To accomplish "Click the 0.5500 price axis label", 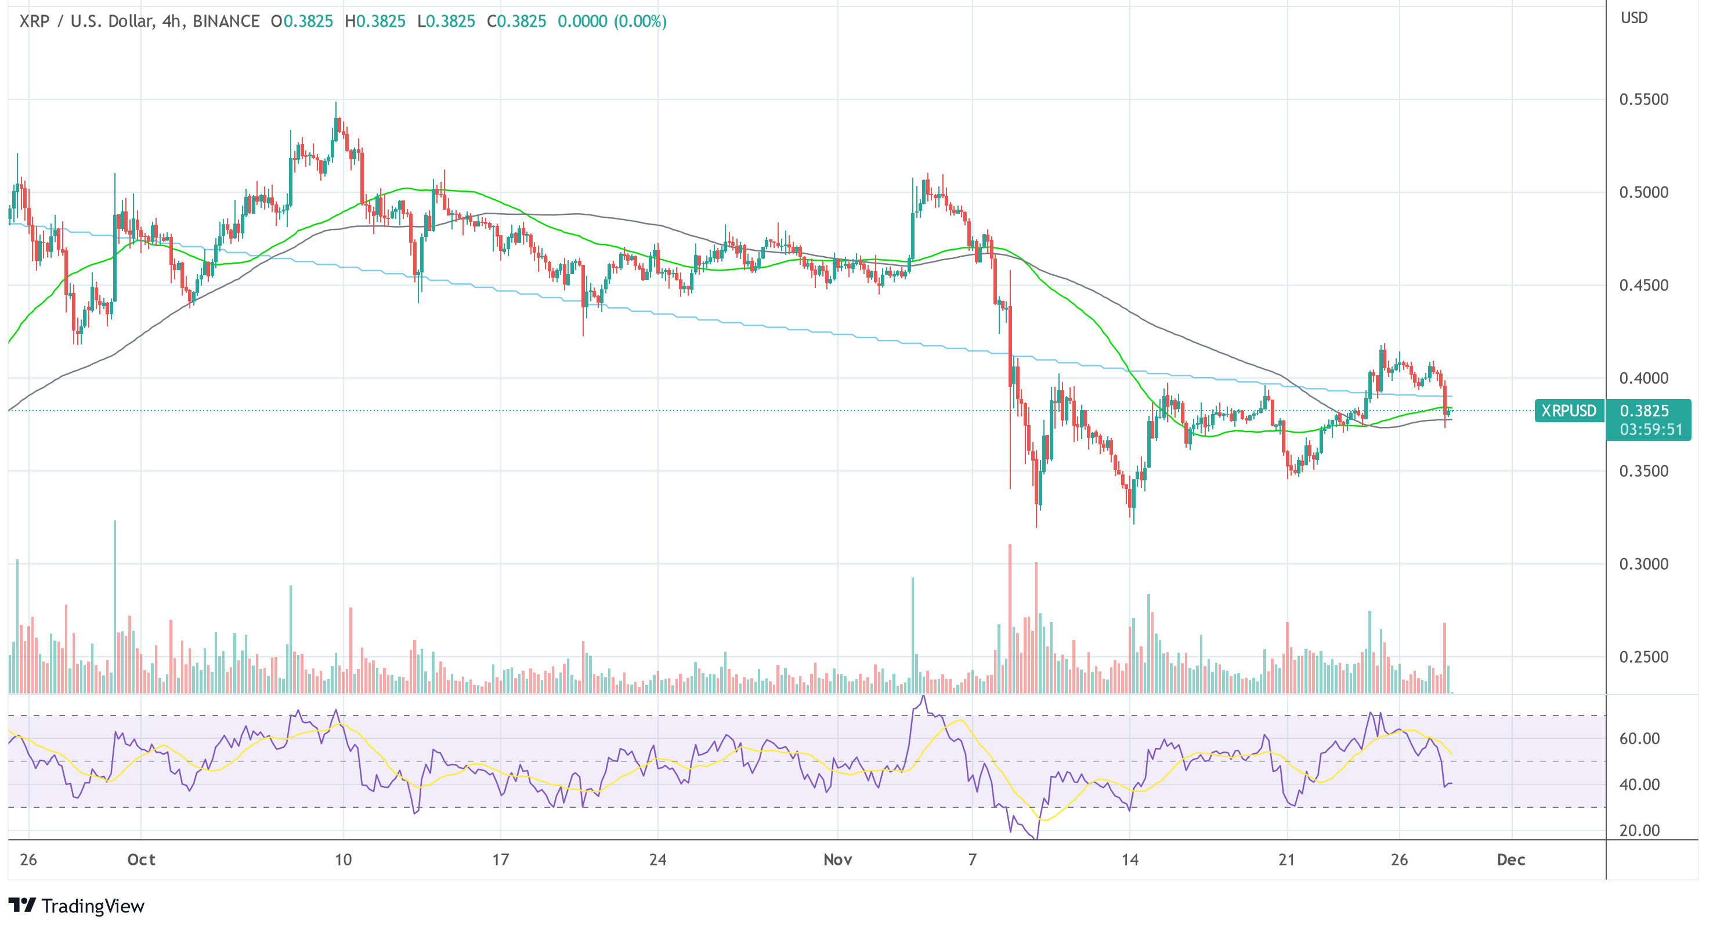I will coord(1643,100).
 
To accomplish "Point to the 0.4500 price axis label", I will coord(1643,286).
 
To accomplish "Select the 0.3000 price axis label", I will coord(1643,565).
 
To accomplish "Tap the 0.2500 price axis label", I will coord(1643,657).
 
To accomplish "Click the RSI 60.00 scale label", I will coord(1639,739).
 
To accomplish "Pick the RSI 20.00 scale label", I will coord(1639,831).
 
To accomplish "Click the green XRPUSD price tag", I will coord(1569,411).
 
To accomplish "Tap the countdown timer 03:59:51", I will coord(1650,430).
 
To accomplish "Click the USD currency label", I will coord(1634,18).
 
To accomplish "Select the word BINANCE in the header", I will coord(226,21).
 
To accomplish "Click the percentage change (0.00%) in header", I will coord(641,21).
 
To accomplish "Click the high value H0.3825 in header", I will coord(375,21).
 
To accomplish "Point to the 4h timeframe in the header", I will coord(172,21).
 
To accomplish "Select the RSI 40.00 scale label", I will coord(1639,785).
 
